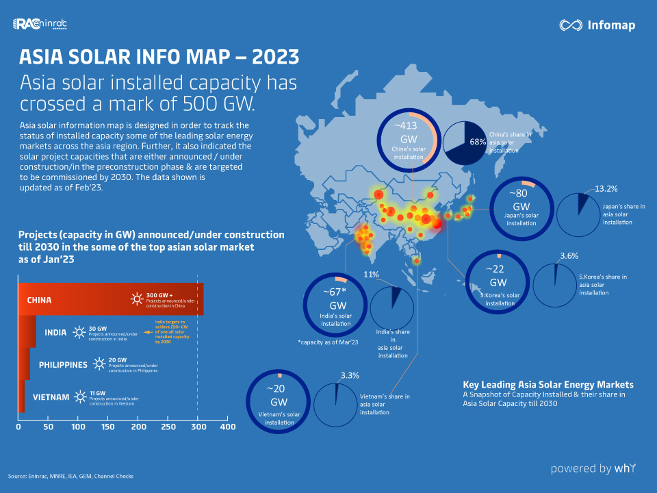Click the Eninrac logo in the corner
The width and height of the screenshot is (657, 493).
[40, 25]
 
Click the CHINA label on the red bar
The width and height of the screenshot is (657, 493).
[40, 300]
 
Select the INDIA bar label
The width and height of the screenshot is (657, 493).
[55, 333]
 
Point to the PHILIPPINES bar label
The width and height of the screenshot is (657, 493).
[63, 364]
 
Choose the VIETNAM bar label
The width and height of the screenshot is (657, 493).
[51, 397]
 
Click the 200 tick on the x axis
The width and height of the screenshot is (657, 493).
[139, 427]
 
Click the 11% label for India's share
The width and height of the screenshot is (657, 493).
[371, 274]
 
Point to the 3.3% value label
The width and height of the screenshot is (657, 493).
[350, 376]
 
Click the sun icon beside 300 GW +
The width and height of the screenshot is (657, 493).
[138, 299]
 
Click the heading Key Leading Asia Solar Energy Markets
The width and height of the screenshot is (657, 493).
[547, 384]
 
